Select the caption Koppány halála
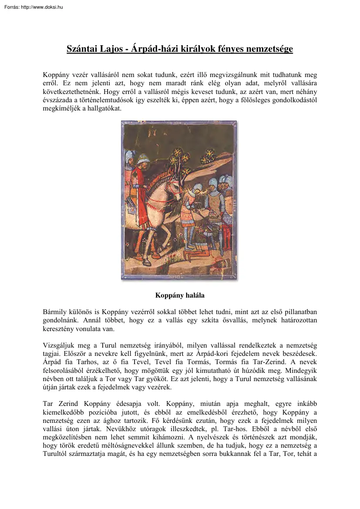coord(180,295)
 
